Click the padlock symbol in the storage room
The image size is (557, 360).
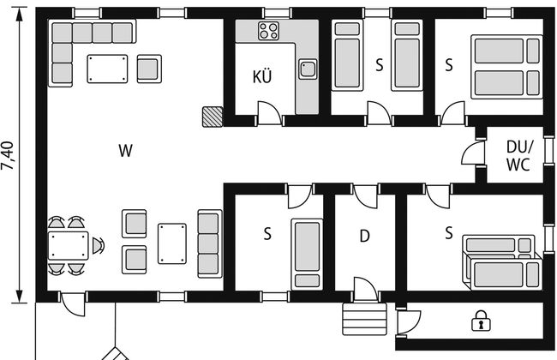[x=481, y=321]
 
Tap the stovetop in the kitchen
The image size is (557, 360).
[x=268, y=31]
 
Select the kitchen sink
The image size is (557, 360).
[x=308, y=69]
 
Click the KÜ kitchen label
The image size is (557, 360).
[x=262, y=76]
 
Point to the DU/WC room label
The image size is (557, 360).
[x=519, y=156]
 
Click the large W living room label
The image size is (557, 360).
[x=125, y=151]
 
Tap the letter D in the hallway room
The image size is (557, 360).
[x=364, y=236]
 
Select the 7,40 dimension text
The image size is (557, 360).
[x=8, y=156]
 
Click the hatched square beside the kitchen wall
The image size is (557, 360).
[x=213, y=117]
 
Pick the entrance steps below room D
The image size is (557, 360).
[x=364, y=319]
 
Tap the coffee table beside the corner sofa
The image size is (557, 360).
[x=107, y=69]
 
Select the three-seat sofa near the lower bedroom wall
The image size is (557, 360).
[x=210, y=243]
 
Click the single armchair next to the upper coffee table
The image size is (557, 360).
[x=149, y=69]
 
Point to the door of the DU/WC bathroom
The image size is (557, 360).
[x=473, y=153]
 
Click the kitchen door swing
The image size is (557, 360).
[x=270, y=113]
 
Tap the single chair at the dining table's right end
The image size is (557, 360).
[x=99, y=245]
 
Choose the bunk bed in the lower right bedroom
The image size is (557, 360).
[x=502, y=262]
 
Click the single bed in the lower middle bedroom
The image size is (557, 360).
[x=307, y=254]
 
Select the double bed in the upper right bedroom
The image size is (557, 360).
[x=507, y=67]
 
